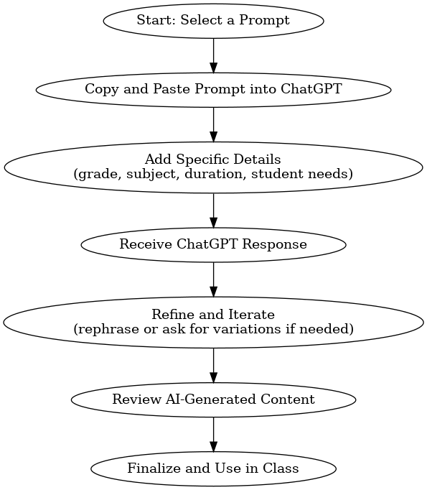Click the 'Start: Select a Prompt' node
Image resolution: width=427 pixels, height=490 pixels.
click(214, 21)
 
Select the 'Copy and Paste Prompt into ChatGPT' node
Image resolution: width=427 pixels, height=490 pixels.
click(214, 90)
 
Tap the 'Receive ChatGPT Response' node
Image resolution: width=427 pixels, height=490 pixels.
click(214, 245)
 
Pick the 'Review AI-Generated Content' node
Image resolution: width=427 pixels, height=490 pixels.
click(214, 399)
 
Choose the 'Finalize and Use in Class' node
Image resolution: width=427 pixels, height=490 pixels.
click(214, 468)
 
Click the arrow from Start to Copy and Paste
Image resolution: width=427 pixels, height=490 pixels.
click(214, 55)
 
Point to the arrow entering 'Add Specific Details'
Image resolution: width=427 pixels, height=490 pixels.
click(214, 124)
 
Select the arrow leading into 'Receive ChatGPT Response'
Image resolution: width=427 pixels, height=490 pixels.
click(214, 211)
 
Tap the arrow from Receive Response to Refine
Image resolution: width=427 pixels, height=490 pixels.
click(214, 279)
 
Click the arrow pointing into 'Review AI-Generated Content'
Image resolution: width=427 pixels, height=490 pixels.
click(214, 365)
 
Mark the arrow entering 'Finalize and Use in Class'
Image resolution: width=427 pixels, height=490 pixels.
click(214, 435)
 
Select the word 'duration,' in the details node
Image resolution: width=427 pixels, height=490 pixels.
click(216, 174)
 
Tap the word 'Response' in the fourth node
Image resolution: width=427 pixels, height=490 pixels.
click(275, 244)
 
